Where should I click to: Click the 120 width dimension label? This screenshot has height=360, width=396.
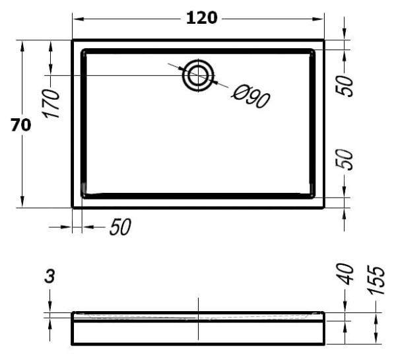pos(201,18)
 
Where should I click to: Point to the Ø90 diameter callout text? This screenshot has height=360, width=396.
pos(251,97)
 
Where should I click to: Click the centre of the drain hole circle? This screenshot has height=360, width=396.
pos(197,75)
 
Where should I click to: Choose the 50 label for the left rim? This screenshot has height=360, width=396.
pos(119,227)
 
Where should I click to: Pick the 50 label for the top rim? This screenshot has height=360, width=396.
pos(349,85)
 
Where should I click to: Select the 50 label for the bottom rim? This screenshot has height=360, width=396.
pos(349,159)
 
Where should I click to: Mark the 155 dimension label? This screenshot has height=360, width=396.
pos(376,278)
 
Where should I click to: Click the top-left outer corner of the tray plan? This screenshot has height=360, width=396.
pos(72,40)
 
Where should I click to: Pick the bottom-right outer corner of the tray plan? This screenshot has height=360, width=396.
pos(324,207)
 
